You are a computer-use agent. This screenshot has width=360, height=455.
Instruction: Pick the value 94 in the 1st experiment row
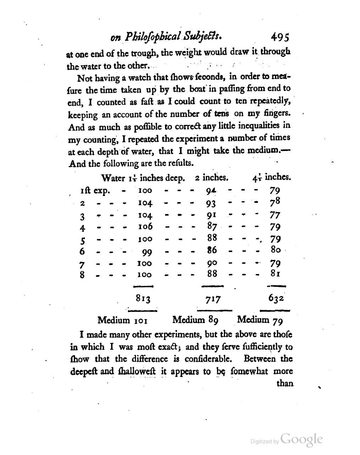pyautogui.click(x=211, y=191)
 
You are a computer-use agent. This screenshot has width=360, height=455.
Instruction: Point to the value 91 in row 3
pyautogui.click(x=211, y=215)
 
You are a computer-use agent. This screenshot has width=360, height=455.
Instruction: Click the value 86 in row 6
pyautogui.click(x=212, y=250)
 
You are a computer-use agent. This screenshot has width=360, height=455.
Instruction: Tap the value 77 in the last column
pyautogui.click(x=275, y=215)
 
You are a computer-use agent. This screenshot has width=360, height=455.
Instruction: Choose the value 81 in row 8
pyautogui.click(x=276, y=274)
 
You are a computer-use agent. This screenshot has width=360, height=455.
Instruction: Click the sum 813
pyautogui.click(x=143, y=299)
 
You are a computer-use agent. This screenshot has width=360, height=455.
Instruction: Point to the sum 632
pyautogui.click(x=276, y=298)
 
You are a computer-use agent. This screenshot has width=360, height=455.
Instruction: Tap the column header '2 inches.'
pyautogui.click(x=211, y=177)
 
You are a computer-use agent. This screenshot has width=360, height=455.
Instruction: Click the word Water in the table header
pyautogui.click(x=113, y=178)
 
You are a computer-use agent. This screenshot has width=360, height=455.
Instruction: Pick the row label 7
pyautogui.click(x=82, y=264)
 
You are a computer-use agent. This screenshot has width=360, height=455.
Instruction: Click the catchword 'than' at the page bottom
pyautogui.click(x=284, y=384)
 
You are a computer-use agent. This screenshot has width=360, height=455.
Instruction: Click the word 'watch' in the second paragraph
pyautogui.click(x=141, y=77)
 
